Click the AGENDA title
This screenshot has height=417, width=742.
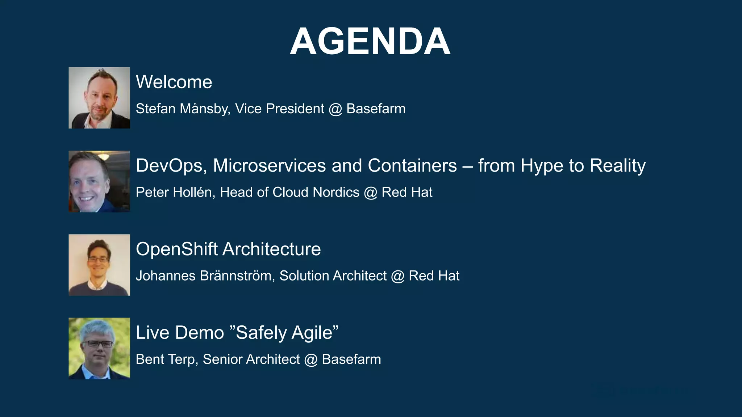click(370, 42)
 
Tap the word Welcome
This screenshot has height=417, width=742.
click(174, 82)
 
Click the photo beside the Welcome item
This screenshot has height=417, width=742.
click(99, 98)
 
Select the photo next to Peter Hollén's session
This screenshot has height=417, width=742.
click(99, 181)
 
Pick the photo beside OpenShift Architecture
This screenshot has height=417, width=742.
click(99, 265)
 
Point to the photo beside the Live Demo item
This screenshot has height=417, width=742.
click(99, 348)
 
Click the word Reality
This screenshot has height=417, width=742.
click(617, 166)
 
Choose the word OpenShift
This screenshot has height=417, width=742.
click(176, 249)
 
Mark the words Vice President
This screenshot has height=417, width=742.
click(279, 109)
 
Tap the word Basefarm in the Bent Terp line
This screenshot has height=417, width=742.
click(351, 359)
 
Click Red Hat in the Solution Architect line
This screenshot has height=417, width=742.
click(434, 276)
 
